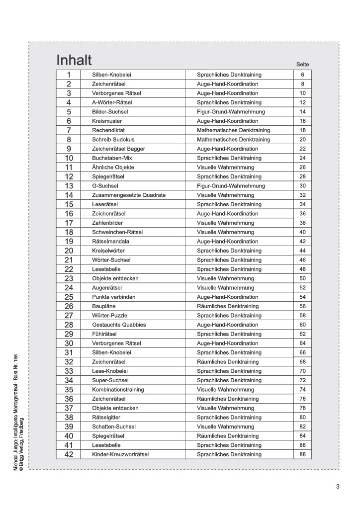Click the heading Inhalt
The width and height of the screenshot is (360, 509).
74,60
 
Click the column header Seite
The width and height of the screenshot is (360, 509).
302,65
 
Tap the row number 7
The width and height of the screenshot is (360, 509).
69,130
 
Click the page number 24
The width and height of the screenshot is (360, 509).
302,158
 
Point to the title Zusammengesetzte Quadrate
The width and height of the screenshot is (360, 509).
129,195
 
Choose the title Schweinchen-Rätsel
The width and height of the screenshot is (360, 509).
117,232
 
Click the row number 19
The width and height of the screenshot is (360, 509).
69,242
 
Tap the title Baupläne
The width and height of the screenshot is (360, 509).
104,306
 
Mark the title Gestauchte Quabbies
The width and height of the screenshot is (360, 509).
119,325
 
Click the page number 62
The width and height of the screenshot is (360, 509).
302,334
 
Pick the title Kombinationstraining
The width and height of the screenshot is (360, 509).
118,390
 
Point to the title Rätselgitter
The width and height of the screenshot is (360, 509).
106,418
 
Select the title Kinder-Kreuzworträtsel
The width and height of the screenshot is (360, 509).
120,454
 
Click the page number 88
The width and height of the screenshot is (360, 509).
302,454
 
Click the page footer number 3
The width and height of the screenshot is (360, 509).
338,487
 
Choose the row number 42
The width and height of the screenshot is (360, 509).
69,454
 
